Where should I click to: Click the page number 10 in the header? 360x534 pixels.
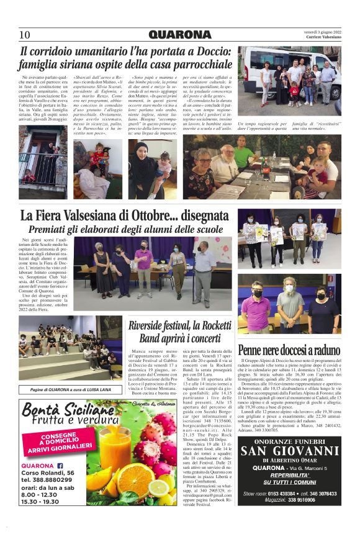(x=25, y=35)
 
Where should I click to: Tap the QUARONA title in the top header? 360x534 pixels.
(x=180, y=35)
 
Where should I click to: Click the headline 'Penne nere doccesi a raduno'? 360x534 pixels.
(x=290, y=350)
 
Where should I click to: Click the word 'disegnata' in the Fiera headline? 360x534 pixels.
(x=197, y=216)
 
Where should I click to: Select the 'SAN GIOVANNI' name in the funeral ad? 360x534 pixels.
(x=289, y=451)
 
